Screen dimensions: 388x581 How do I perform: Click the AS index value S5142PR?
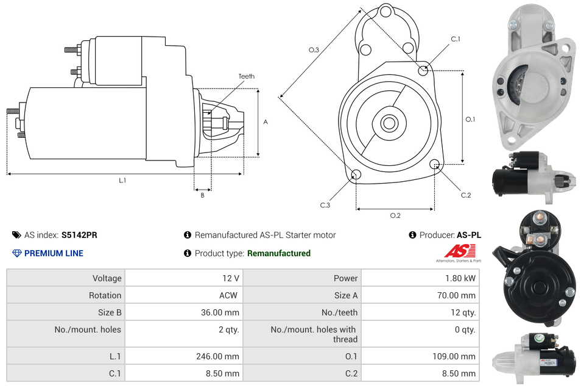click(x=79, y=235)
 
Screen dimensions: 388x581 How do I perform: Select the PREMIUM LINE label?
click(x=54, y=253)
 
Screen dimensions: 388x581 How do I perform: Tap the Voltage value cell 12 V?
click(x=230, y=278)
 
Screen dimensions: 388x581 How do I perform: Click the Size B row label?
click(x=110, y=312)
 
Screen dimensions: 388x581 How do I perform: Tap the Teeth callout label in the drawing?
click(x=246, y=76)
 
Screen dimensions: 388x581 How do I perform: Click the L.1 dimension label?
click(x=122, y=180)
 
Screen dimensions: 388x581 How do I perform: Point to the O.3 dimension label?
click(x=314, y=50)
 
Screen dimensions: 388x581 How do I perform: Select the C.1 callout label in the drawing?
click(x=455, y=39)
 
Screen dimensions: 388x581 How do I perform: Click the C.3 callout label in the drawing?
click(x=325, y=205)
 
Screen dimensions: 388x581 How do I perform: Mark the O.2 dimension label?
click(x=395, y=215)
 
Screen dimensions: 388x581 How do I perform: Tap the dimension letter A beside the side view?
click(x=266, y=122)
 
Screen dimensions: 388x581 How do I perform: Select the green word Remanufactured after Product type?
click(x=278, y=253)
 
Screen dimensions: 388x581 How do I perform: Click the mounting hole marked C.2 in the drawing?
click(x=435, y=164)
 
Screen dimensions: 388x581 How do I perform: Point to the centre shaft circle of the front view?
click(x=389, y=123)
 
